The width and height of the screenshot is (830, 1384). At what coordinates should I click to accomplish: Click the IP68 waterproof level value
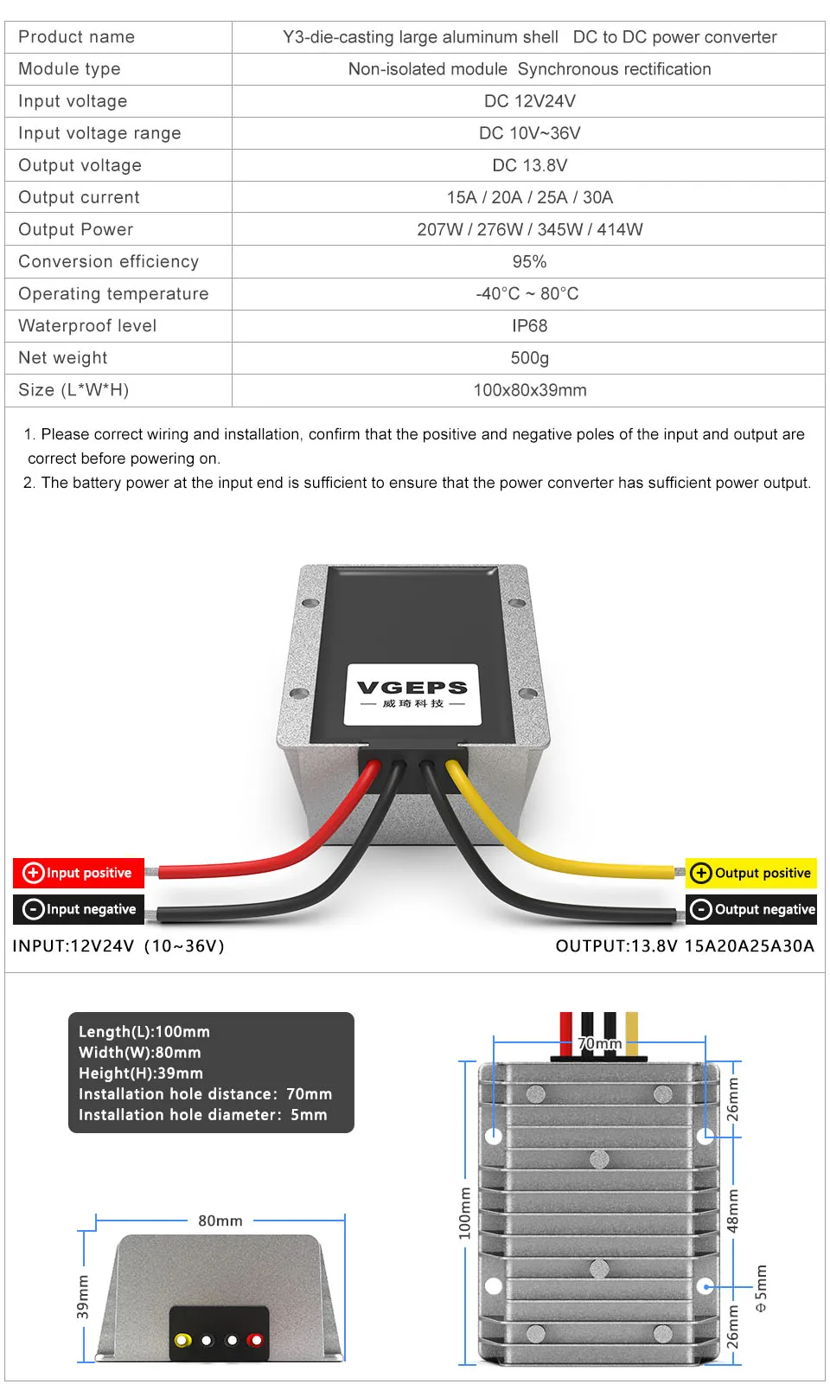point(529,326)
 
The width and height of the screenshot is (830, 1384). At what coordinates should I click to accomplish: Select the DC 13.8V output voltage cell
point(529,165)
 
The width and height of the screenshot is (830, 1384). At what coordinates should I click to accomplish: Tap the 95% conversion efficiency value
point(529,262)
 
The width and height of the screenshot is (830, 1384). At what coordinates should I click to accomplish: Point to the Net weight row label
point(63,358)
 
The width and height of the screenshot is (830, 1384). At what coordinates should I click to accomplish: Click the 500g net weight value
point(529,358)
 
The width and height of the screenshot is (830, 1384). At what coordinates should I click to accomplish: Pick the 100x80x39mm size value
point(529,390)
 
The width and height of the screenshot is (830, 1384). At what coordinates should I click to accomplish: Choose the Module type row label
point(69,69)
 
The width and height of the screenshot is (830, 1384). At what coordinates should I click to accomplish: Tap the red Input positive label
point(79,873)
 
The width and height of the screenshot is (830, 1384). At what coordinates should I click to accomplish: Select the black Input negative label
point(79,909)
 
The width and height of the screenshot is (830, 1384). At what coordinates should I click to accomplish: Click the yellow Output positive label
point(751,873)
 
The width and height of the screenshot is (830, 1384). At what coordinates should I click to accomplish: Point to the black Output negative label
point(751,909)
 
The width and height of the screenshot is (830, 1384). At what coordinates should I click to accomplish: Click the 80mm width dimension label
point(220,1221)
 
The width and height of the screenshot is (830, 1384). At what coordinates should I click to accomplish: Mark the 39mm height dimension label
point(83,1297)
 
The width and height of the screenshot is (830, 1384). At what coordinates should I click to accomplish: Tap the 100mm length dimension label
point(465,1213)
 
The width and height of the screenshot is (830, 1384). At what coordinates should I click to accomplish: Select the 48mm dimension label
point(733,1210)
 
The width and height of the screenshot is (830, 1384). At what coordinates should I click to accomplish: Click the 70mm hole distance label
point(599,1044)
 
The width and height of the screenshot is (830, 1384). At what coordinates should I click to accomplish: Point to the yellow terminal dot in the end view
point(182,1340)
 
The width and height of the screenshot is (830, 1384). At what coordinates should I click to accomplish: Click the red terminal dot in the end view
point(255,1340)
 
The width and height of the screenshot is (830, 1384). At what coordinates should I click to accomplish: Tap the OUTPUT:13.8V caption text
point(685,945)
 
